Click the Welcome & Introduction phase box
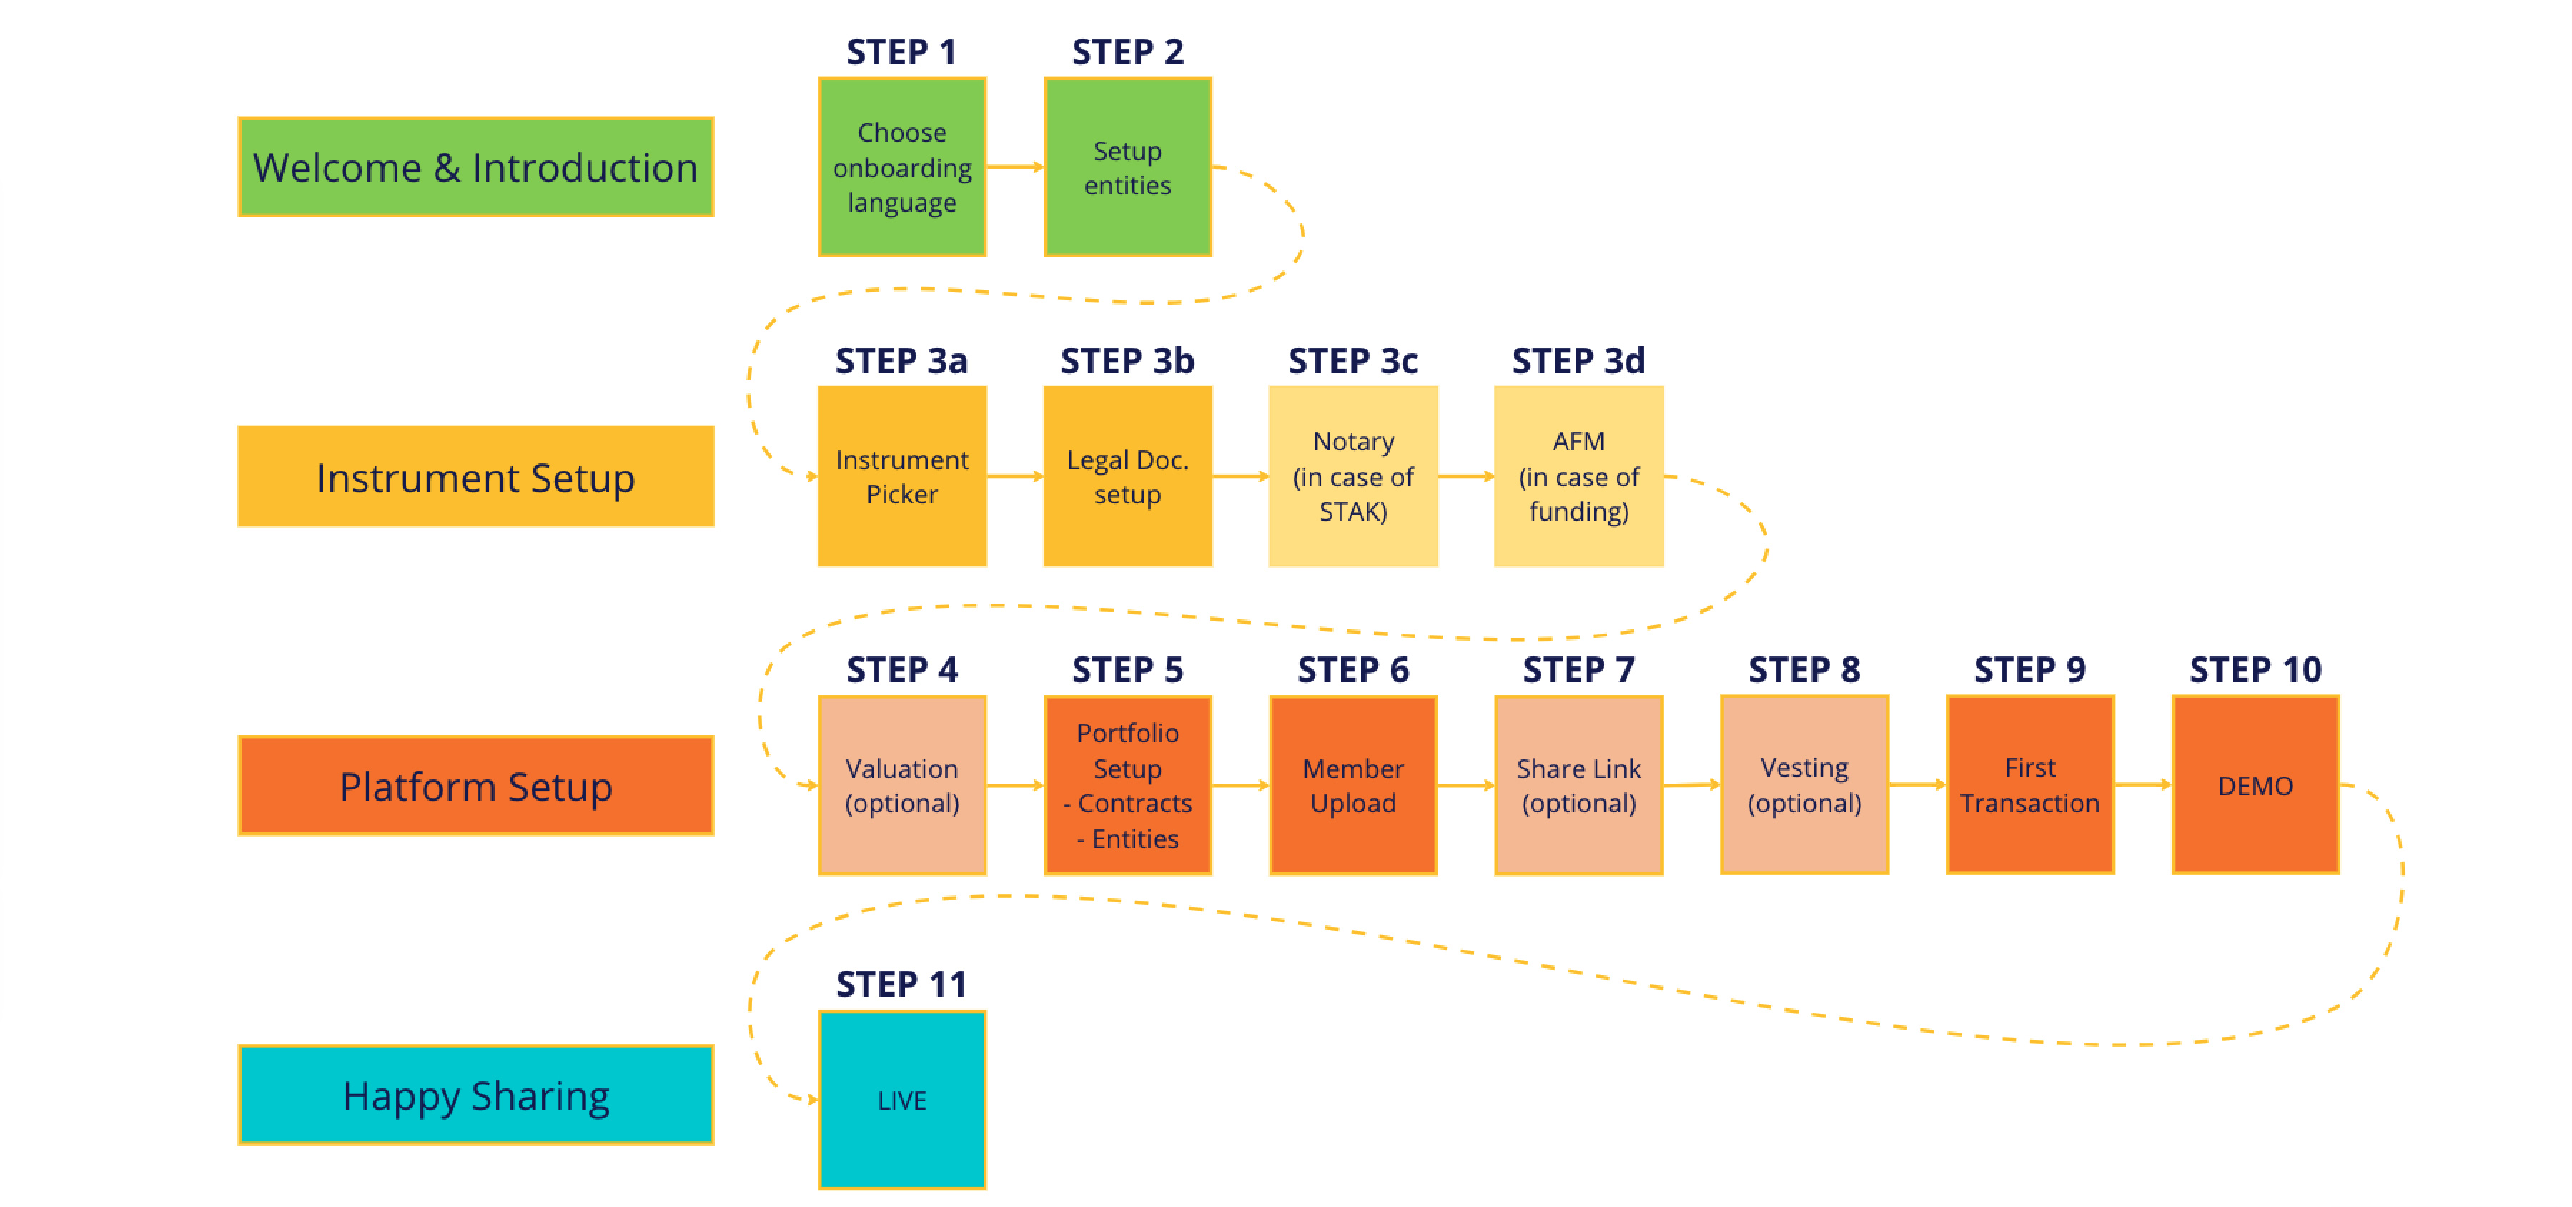coord(475,167)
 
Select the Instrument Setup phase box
coord(475,476)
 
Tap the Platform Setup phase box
coord(475,786)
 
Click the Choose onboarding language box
coord(901,167)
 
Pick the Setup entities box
coord(1127,167)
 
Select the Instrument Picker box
coord(901,476)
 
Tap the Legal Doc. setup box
coord(1127,476)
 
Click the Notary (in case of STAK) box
coord(1353,476)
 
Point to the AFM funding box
coord(1578,476)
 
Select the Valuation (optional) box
coord(901,786)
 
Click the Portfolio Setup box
coord(1127,786)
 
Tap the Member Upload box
coord(1353,786)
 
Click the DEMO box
coord(2255,786)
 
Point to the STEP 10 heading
coord(2255,669)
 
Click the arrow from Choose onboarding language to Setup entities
coord(1014,167)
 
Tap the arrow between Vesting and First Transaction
coord(1917,784)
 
